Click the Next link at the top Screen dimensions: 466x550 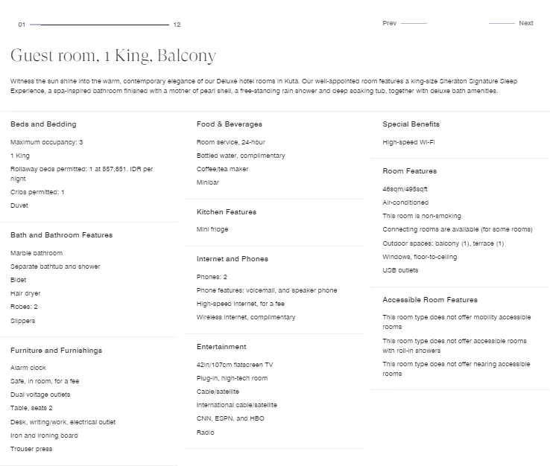[x=525, y=23]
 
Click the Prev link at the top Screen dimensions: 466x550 [x=390, y=23]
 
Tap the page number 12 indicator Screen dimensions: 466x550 [x=177, y=25]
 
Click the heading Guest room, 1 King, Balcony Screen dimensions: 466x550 [x=113, y=56]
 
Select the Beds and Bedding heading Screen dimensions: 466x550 [x=43, y=124]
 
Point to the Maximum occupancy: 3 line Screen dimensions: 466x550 [x=47, y=142]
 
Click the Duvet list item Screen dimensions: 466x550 [x=19, y=205]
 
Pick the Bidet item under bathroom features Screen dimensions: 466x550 [x=18, y=280]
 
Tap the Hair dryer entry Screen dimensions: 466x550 [x=25, y=293]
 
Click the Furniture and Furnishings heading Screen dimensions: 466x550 [x=56, y=351]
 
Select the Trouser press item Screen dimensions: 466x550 [x=31, y=449]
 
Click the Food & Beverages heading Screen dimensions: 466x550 [x=230, y=124]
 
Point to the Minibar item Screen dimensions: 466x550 [x=208, y=182]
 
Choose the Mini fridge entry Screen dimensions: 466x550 [x=212, y=229]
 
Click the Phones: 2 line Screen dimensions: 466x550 [x=212, y=277]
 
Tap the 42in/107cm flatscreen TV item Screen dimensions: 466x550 [x=235, y=365]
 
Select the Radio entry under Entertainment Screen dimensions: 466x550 [x=205, y=433]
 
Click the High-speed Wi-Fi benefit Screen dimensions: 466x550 [x=409, y=142]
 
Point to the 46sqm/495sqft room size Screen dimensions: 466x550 [x=405, y=189]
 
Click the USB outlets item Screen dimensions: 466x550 [x=401, y=270]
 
